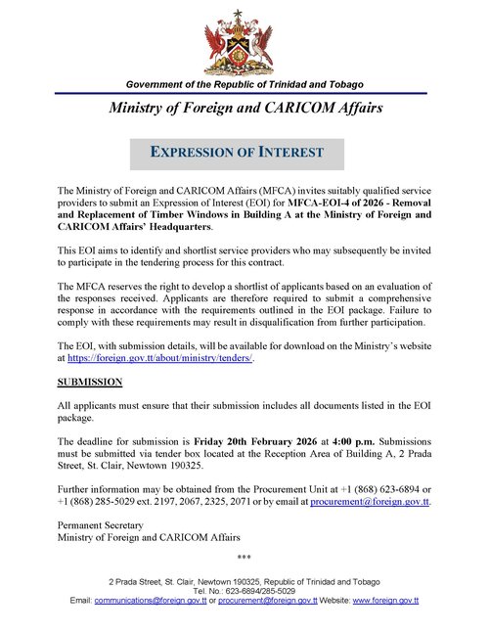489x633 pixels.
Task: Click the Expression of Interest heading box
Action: [x=238, y=153]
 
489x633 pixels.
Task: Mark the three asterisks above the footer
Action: [x=244, y=559]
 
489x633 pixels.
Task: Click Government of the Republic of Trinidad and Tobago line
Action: [x=244, y=86]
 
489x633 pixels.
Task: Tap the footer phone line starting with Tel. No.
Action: [x=244, y=590]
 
